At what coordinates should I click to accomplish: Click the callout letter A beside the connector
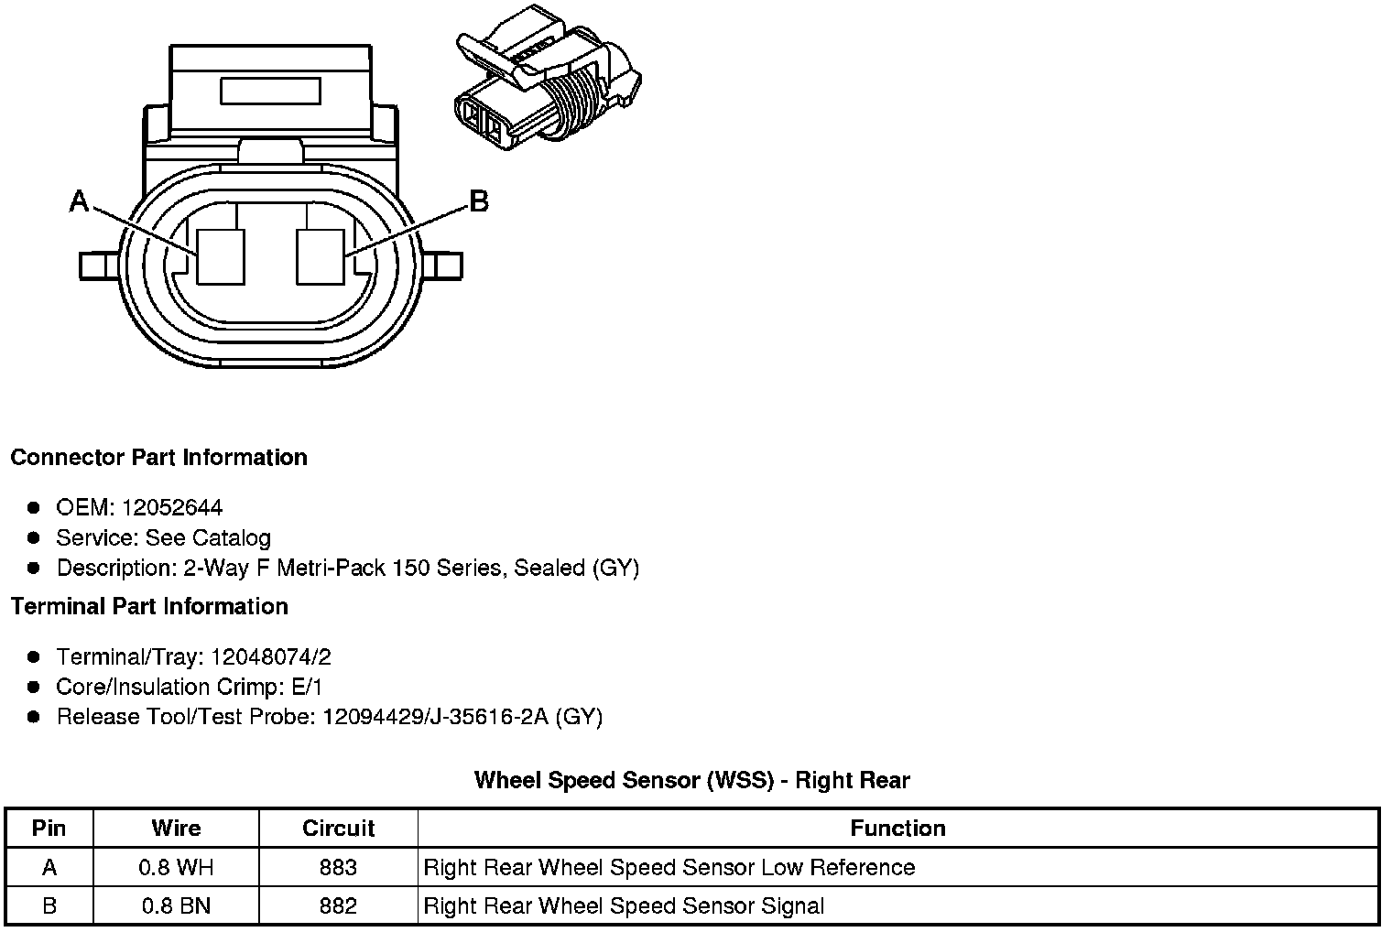coord(80,200)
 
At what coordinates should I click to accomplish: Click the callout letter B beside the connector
coord(478,200)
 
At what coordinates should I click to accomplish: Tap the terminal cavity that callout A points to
coord(222,255)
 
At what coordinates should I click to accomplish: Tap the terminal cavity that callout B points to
coord(321,255)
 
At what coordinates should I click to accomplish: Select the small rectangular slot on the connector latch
coord(270,92)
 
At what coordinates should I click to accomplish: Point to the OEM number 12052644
coord(172,507)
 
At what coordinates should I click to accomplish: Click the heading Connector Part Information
coord(158,457)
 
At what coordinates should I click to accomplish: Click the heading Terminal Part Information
coord(149,606)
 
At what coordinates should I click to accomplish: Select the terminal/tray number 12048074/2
coord(270,656)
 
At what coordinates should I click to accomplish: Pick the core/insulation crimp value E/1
coord(305,687)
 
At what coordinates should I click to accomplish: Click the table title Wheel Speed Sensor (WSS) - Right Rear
coord(691,780)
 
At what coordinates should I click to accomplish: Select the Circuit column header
coord(338,828)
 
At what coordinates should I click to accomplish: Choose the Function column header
coord(897,828)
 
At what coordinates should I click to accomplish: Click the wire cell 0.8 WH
coord(176,867)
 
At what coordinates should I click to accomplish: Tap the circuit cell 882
coord(338,906)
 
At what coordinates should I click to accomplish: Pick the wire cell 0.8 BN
coord(176,906)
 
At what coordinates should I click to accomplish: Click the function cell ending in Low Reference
coord(669,867)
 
